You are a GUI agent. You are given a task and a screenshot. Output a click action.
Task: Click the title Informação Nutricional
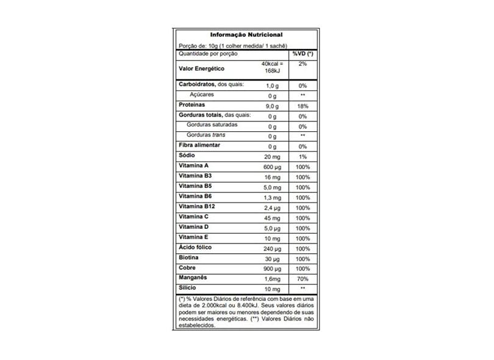coord(246,35)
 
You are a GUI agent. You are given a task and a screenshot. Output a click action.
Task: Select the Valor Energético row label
coord(201,69)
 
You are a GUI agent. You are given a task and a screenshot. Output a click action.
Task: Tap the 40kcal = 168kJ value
coord(273,68)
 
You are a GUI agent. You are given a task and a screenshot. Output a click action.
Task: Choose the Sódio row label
coord(187,156)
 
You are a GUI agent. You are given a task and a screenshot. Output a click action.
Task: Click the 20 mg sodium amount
coord(273,156)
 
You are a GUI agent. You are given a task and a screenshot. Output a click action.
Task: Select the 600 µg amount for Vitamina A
coord(273,166)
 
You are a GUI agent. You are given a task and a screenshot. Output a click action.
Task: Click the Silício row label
coord(187,287)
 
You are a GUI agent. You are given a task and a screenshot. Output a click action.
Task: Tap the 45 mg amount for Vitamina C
coord(273,217)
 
